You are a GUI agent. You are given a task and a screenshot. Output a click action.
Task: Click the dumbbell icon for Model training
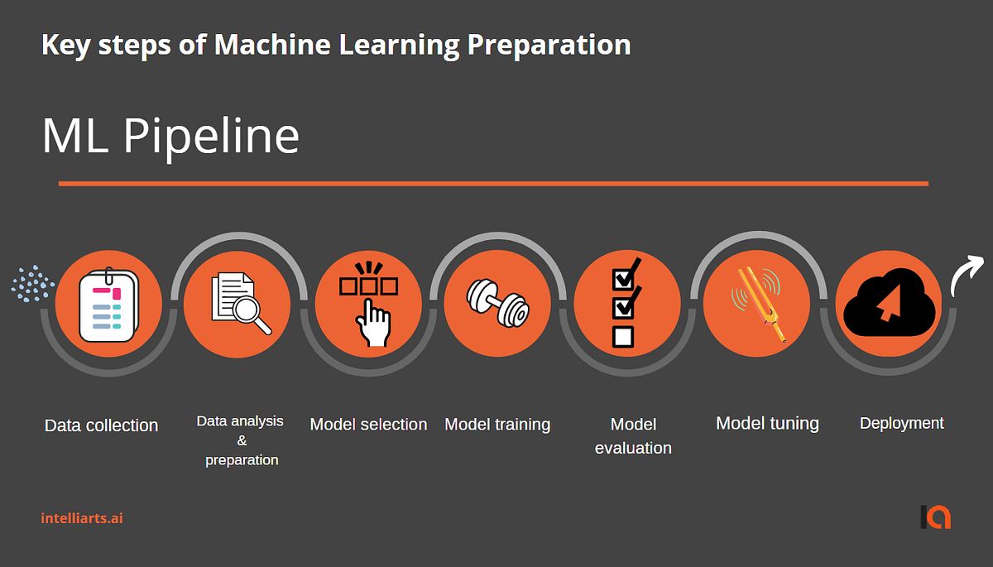coord(497,303)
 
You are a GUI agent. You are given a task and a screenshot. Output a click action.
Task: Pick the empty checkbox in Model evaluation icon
coord(622,337)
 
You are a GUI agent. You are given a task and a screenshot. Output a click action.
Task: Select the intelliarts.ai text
coord(82,518)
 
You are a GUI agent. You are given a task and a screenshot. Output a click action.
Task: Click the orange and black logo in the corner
coord(936,517)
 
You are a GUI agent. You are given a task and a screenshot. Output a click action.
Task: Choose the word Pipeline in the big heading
coord(211,137)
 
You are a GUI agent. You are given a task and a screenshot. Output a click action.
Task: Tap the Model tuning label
coord(767,424)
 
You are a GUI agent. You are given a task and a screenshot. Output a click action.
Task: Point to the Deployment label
coord(901,424)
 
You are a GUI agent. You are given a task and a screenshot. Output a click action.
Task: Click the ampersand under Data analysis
coord(242,440)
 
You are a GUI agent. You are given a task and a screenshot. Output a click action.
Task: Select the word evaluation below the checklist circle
coord(633,449)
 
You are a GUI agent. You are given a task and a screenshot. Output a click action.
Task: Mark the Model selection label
coord(368,425)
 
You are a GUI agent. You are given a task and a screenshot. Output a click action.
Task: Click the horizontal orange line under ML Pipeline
coord(493,183)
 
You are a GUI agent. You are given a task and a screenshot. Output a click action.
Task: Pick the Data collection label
coord(101,425)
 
